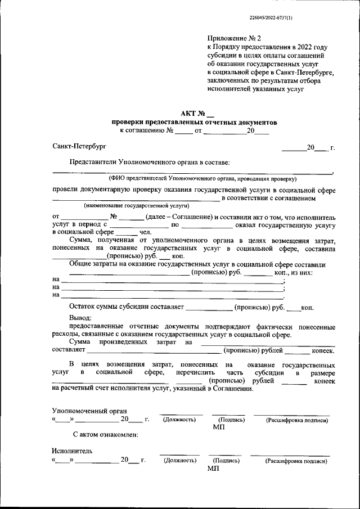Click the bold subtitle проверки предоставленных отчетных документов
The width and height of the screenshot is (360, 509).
point(194,121)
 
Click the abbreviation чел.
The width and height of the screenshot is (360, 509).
point(145,231)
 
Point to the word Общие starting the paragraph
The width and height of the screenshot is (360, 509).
point(80,264)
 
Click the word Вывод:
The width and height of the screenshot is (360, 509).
point(80,318)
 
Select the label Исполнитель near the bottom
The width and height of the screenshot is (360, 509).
point(72,451)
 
